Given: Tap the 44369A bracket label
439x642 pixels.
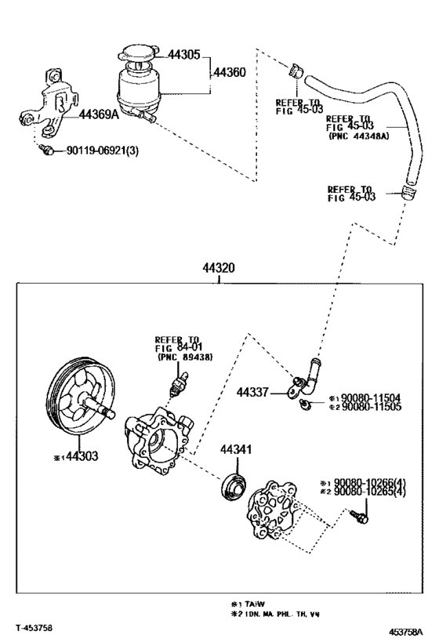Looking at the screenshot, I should coord(99,114).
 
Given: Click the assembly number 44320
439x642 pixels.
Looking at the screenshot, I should coord(219,267).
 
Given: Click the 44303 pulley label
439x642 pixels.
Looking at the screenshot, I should coord(81,455).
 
